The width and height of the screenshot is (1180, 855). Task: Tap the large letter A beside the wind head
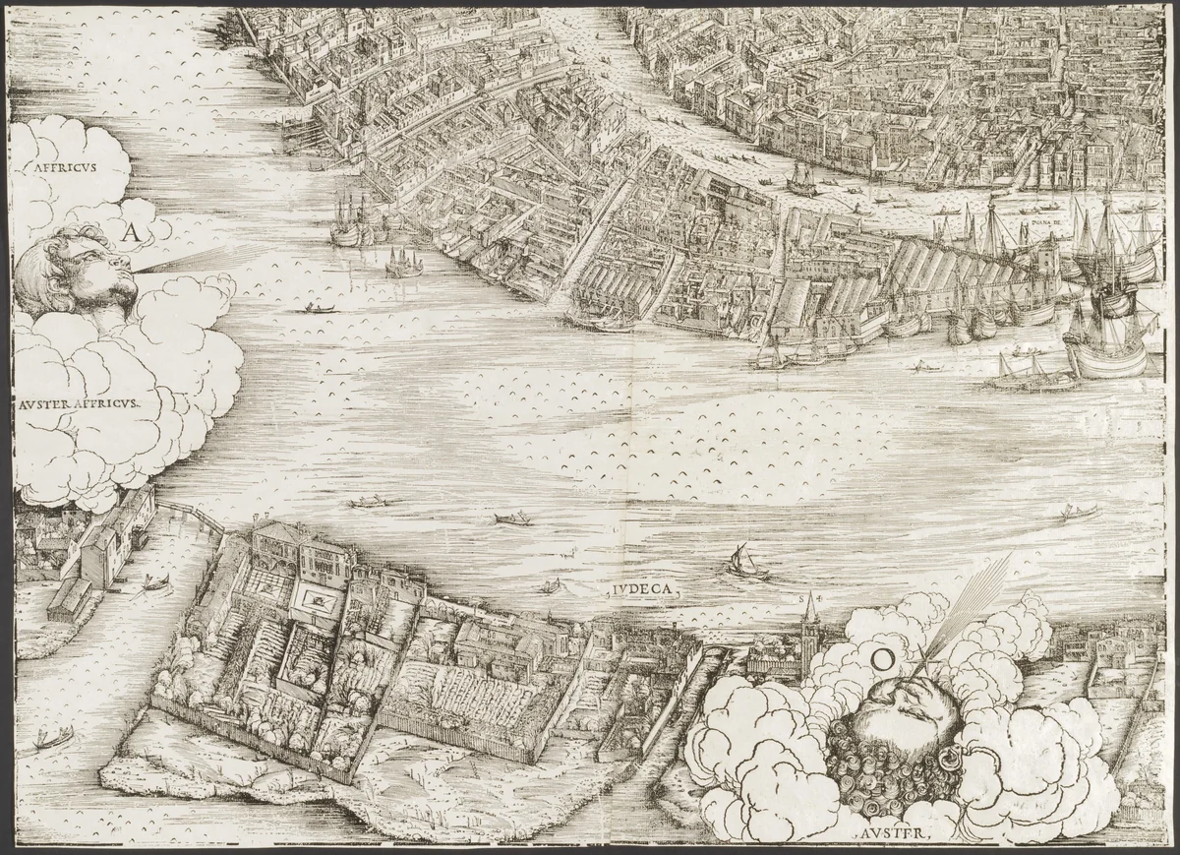pos(132,232)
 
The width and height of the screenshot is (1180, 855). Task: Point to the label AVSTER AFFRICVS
pos(79,402)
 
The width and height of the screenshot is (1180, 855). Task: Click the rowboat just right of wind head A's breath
pos(321,309)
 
